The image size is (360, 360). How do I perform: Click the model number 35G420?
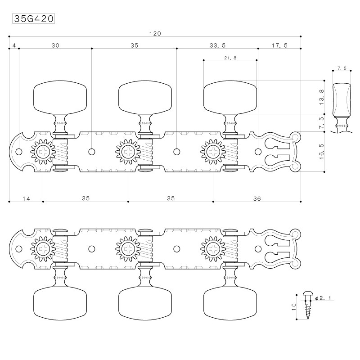[x=33, y=18]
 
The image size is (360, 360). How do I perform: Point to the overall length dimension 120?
[x=155, y=33]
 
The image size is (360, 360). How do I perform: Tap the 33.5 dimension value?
[x=217, y=45]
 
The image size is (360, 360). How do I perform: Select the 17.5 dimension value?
[x=279, y=45]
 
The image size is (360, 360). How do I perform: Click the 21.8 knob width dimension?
[x=230, y=58]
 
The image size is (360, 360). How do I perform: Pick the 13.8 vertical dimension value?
[x=321, y=97]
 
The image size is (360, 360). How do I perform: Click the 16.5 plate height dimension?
[x=321, y=152]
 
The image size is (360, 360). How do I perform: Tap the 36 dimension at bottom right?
[x=257, y=198]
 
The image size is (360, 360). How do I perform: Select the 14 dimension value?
[x=27, y=198]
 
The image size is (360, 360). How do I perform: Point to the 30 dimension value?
[x=55, y=45]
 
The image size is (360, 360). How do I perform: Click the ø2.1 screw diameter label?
[x=323, y=298]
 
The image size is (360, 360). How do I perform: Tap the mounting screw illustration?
[x=307, y=306]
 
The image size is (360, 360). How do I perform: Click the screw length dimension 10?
[x=294, y=307]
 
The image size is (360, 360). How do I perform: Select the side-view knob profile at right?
[x=342, y=108]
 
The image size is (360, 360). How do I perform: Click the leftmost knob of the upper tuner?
[x=60, y=97]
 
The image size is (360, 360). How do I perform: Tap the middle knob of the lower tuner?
[x=145, y=303]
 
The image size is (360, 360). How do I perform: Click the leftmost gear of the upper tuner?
[x=43, y=152]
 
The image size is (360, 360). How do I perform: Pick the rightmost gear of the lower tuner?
[x=213, y=249]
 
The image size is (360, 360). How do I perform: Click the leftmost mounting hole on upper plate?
[x=19, y=152]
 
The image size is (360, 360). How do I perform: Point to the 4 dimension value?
[x=14, y=45]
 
